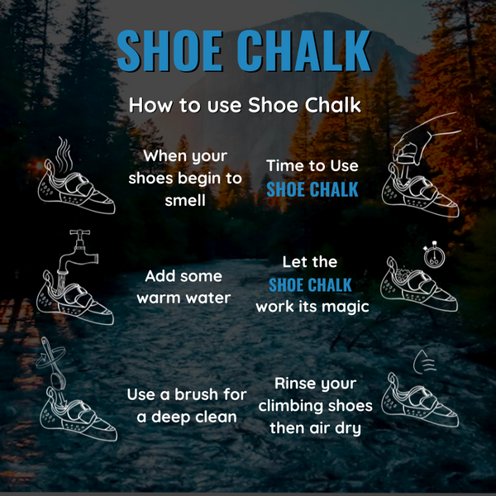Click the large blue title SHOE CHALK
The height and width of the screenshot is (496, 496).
pyautogui.click(x=244, y=50)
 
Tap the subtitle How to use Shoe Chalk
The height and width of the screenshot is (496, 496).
pyautogui.click(x=245, y=105)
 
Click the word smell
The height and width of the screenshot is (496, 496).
pyautogui.click(x=185, y=201)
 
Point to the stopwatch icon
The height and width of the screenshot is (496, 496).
pyautogui.click(x=434, y=255)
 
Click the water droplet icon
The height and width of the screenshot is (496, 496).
pyautogui.click(x=425, y=361)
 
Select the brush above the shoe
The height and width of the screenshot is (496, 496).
pyautogui.click(x=53, y=365)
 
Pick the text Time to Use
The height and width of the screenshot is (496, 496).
pyautogui.click(x=312, y=166)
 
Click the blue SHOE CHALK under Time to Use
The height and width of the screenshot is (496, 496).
pyautogui.click(x=312, y=189)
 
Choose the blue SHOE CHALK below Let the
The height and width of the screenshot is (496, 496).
pyautogui.click(x=310, y=285)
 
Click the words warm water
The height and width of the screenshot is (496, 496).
pyautogui.click(x=184, y=298)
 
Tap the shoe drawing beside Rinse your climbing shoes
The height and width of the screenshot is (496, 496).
pyautogui.click(x=420, y=399)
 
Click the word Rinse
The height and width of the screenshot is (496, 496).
pyautogui.click(x=295, y=384)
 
